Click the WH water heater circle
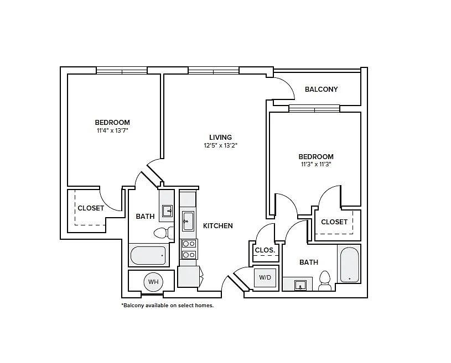click(x=153, y=282)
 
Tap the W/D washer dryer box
click(x=265, y=277)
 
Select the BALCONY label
click(x=321, y=90)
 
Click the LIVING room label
click(x=220, y=138)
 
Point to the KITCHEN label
click(x=218, y=226)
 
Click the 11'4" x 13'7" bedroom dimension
click(x=112, y=131)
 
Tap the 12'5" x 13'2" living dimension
click(x=220, y=146)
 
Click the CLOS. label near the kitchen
click(x=265, y=250)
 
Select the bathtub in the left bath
click(x=148, y=256)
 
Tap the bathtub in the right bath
click(x=350, y=265)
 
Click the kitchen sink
click(x=188, y=220)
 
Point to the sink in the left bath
click(x=167, y=211)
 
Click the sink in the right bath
click(x=299, y=285)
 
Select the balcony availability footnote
click(x=167, y=305)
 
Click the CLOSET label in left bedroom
click(x=91, y=208)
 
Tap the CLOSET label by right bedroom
click(x=334, y=222)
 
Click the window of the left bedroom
click(x=122, y=70)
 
